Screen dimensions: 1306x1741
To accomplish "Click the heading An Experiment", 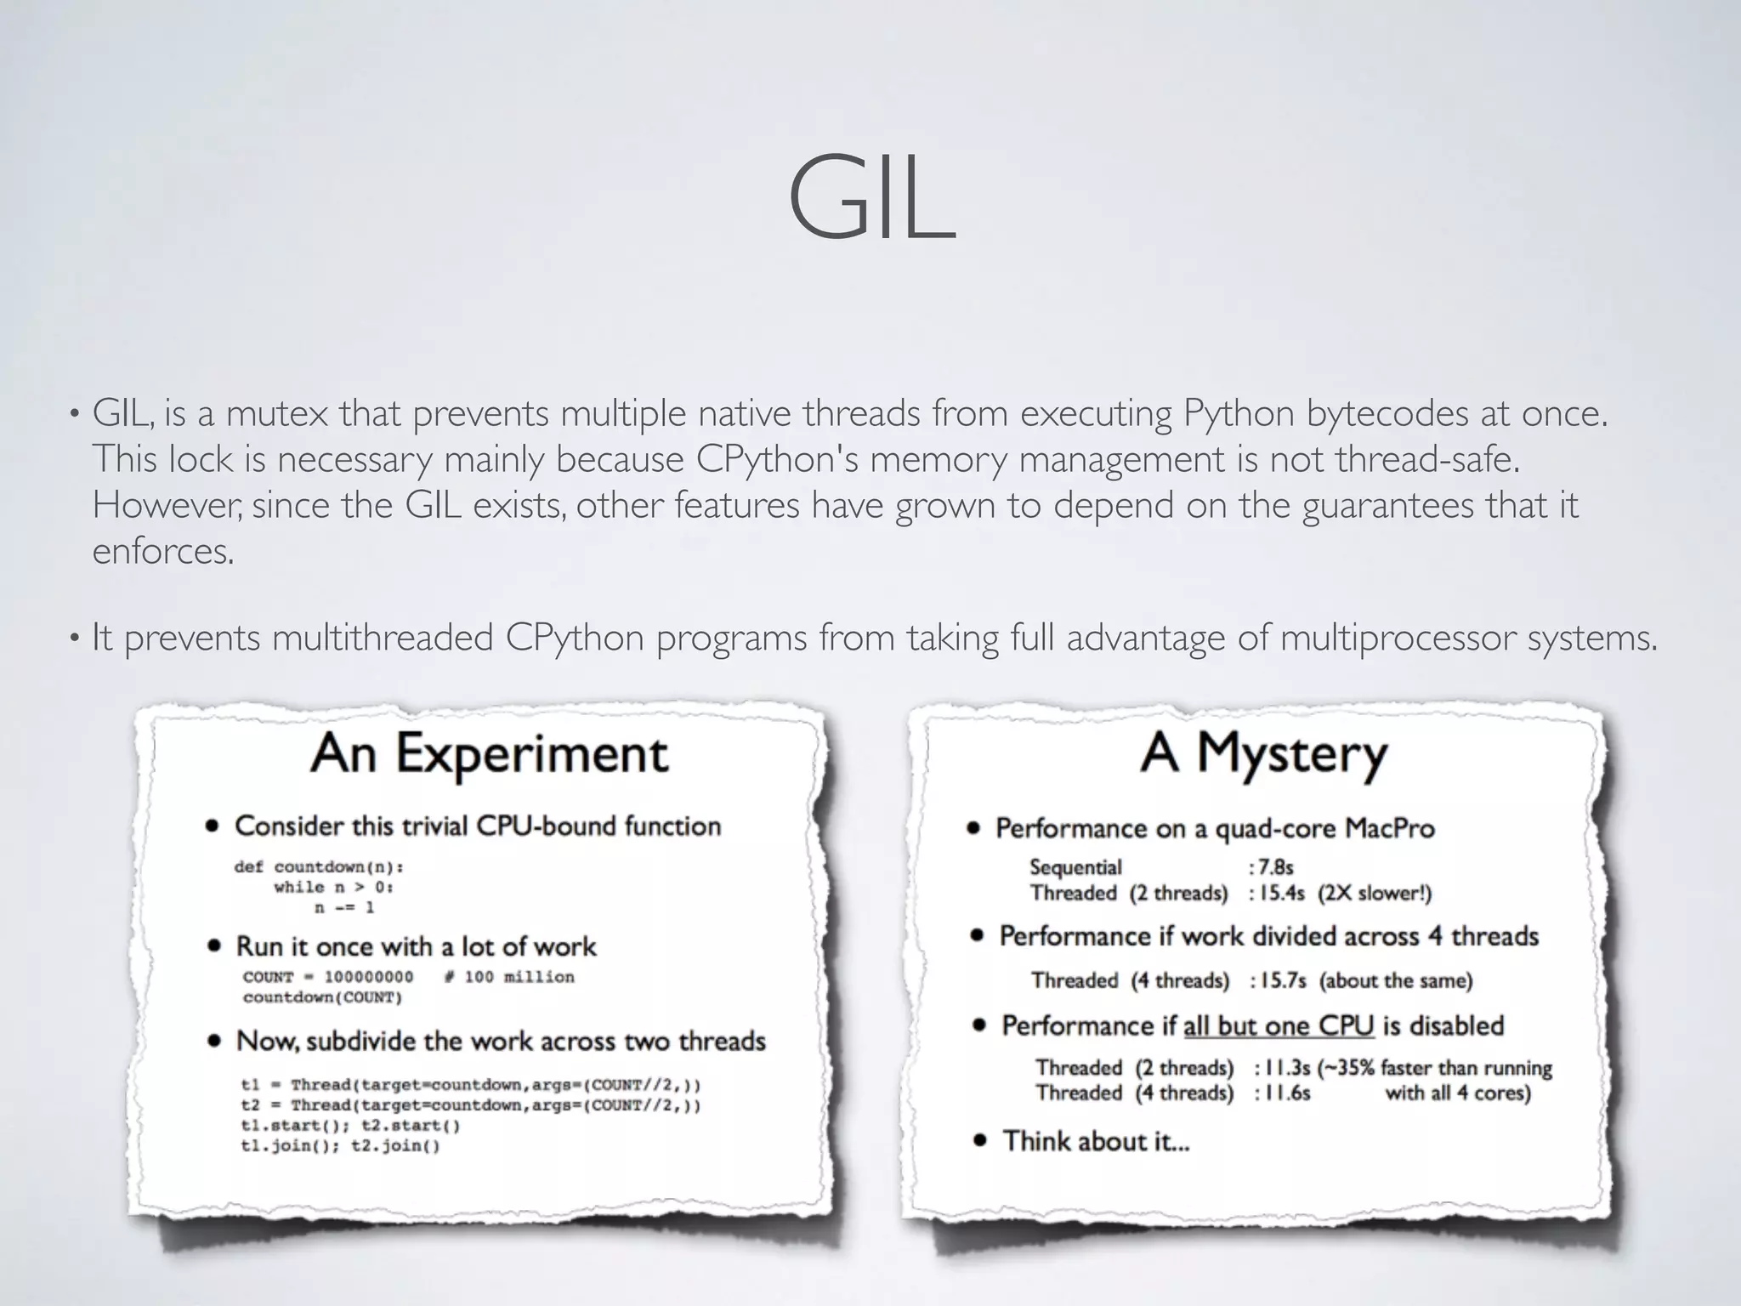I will [490, 753].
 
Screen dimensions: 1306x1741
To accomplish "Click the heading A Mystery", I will [1263, 753].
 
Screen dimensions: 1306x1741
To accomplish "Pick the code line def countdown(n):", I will [319, 867].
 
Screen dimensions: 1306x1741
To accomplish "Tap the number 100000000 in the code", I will [369, 977].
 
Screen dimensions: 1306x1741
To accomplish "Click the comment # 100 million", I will [508, 977].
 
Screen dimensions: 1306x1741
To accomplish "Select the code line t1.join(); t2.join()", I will [340, 1146].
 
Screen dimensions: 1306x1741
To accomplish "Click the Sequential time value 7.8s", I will [1275, 867].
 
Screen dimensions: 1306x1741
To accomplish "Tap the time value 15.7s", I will [1282, 980].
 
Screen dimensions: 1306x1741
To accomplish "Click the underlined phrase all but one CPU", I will [1278, 1026].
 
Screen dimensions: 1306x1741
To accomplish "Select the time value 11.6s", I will [1286, 1093].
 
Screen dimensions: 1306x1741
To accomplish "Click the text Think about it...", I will [1096, 1141].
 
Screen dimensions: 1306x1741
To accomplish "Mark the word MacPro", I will [1389, 828].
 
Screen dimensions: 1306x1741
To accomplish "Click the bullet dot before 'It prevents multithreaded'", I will [75, 638].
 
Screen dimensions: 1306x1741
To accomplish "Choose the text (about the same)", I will [1396, 980].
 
